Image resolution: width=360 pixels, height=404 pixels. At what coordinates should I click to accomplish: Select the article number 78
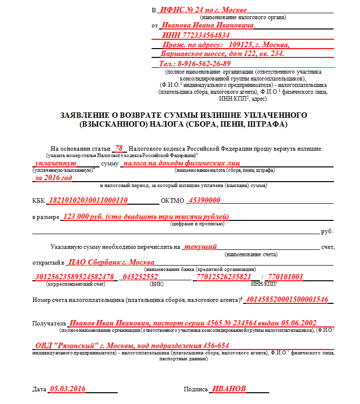(119, 148)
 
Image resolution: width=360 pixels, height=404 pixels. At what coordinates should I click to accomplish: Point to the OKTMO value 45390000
(205, 200)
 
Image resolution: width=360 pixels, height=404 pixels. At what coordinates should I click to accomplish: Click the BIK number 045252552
(140, 277)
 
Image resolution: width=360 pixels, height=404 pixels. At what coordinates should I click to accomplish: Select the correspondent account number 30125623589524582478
(75, 277)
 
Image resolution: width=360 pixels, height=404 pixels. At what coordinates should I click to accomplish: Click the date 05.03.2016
(67, 389)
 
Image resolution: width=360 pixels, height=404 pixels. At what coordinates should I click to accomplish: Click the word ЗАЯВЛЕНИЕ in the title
(88, 115)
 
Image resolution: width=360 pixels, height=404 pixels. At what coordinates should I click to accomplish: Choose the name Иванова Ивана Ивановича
(208, 25)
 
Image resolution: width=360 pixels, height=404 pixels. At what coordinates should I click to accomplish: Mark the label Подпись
(196, 389)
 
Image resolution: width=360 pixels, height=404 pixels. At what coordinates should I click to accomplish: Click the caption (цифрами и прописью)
(197, 224)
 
